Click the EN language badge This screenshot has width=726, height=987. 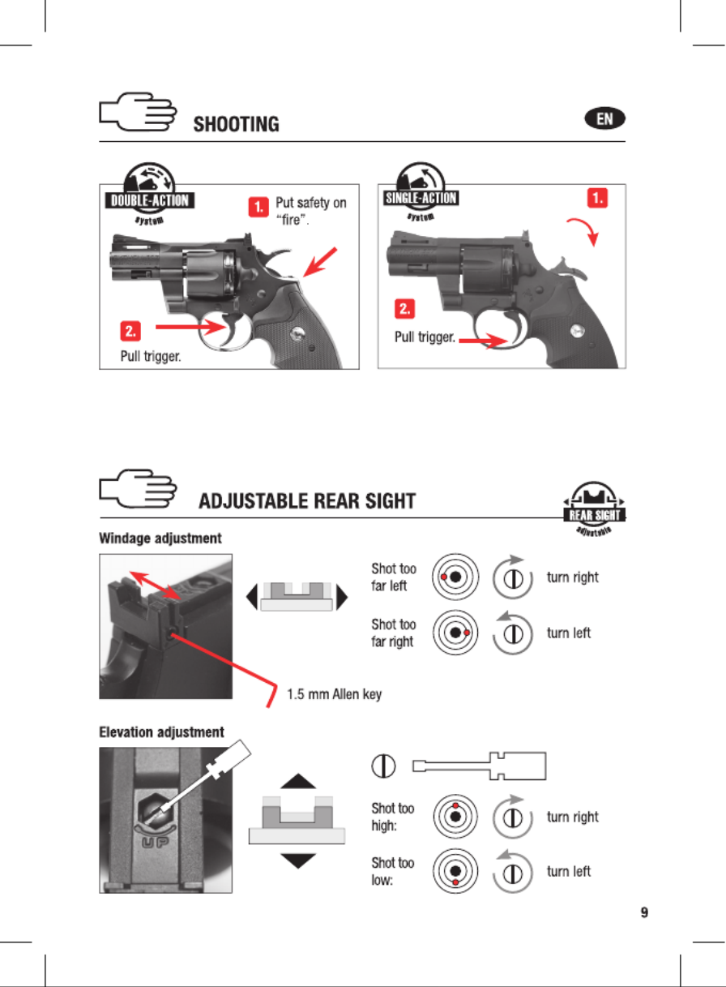click(x=605, y=119)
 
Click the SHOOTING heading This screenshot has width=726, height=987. click(x=236, y=124)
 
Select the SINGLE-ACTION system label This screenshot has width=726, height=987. click(x=420, y=198)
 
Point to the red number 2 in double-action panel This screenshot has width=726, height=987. click(x=131, y=329)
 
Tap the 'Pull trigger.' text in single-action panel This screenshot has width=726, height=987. click(x=424, y=337)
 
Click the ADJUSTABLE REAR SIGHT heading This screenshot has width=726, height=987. click(x=307, y=500)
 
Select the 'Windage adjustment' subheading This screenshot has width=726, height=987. click(x=160, y=538)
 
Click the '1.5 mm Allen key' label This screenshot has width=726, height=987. click(x=335, y=694)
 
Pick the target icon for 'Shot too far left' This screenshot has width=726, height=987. click(x=453, y=577)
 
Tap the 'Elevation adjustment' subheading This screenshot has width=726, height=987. click(x=161, y=732)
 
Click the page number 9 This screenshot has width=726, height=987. click(x=644, y=913)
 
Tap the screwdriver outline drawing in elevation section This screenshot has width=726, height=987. click(x=480, y=765)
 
